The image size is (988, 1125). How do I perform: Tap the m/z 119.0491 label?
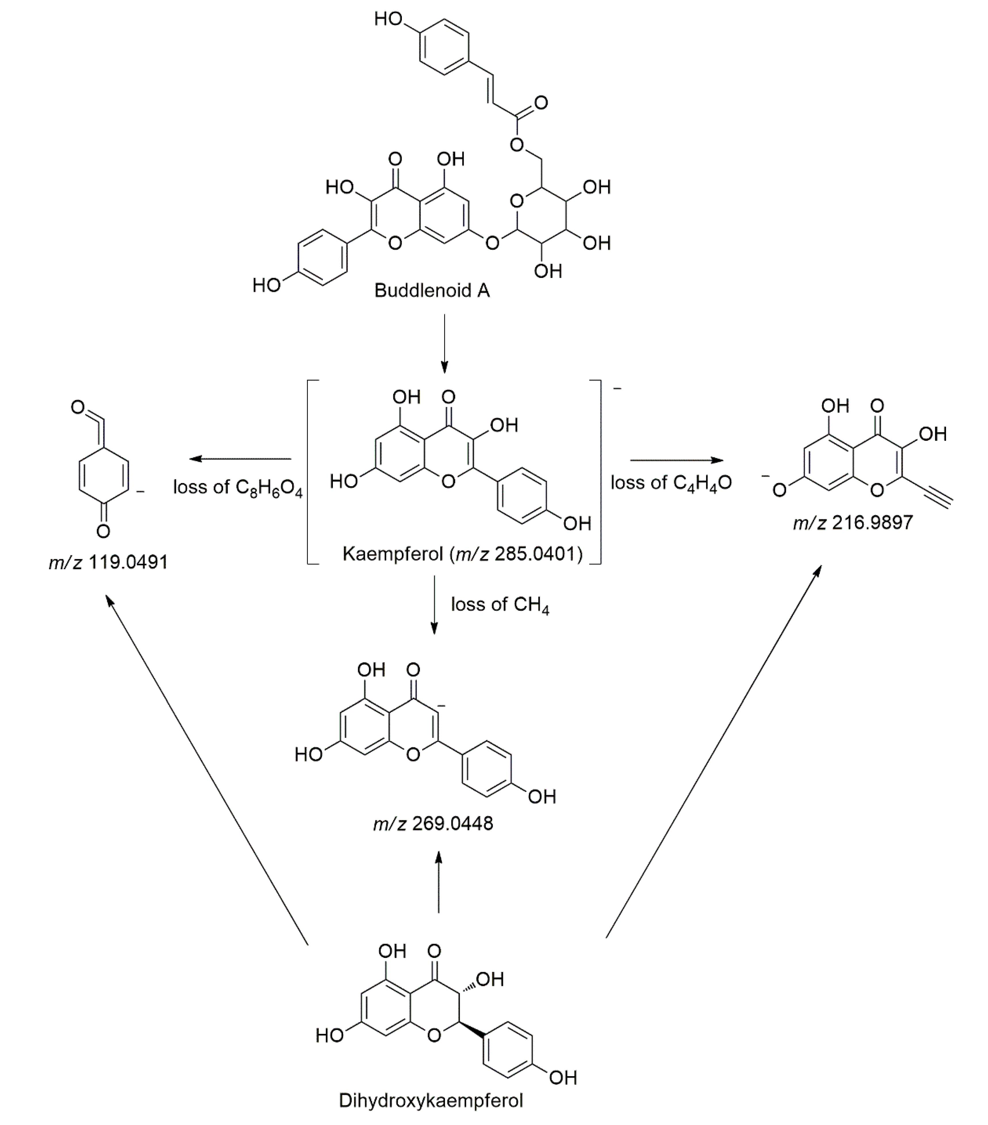pyautogui.click(x=108, y=562)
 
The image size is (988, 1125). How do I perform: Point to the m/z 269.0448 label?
pyautogui.click(x=433, y=823)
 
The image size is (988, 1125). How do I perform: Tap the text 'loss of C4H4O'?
pyautogui.click(x=671, y=483)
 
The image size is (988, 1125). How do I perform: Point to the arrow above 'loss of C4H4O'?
pyautogui.click(x=676, y=460)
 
